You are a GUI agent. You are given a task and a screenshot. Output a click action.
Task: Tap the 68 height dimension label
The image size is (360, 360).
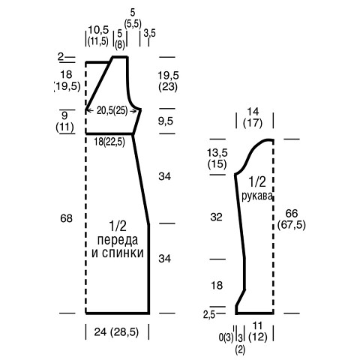pyautogui.click(x=66, y=218)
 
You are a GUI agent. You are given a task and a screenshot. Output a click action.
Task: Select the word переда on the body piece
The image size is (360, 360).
pyautogui.click(x=118, y=241)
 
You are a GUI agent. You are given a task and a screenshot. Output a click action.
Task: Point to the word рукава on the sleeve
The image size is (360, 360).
pyautogui.click(x=256, y=196)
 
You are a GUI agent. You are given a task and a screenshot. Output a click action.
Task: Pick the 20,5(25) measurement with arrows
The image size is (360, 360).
pyautogui.click(x=112, y=110)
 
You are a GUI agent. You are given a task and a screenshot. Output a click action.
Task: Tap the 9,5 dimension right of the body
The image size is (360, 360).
pyautogui.click(x=166, y=121)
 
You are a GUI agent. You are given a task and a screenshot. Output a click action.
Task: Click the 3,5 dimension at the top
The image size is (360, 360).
pyautogui.click(x=149, y=33)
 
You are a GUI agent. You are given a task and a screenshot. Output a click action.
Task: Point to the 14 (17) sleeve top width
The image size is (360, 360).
pyautogui.click(x=253, y=117)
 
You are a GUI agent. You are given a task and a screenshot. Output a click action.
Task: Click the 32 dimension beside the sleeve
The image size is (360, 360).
pyautogui.click(x=216, y=217)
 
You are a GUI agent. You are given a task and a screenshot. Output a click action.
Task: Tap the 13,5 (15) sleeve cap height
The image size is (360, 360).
pyautogui.click(x=217, y=158)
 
